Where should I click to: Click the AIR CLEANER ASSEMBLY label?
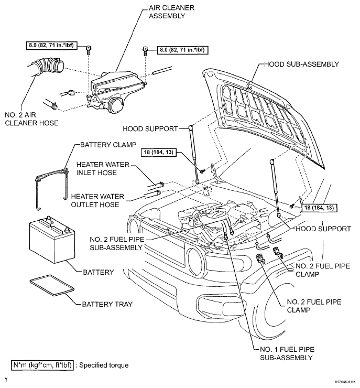point(171,12)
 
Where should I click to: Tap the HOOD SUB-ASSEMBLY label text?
point(301,64)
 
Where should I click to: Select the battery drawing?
point(52,239)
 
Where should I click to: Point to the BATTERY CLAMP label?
point(108,145)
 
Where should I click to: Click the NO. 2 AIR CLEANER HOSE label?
point(31,119)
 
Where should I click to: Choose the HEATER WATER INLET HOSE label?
point(103,168)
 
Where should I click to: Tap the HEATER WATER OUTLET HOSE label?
point(97,200)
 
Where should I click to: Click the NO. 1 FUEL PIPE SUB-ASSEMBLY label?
point(287,353)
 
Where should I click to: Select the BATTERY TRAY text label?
point(107,304)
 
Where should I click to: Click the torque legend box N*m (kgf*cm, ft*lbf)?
point(42,365)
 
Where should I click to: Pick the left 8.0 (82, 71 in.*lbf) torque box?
point(51,45)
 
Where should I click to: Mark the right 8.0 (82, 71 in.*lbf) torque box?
point(182,50)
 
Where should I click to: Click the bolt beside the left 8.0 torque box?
point(88,50)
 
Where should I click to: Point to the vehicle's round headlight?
point(196,260)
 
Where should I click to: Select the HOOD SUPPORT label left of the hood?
point(150,129)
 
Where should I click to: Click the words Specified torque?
point(104,365)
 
